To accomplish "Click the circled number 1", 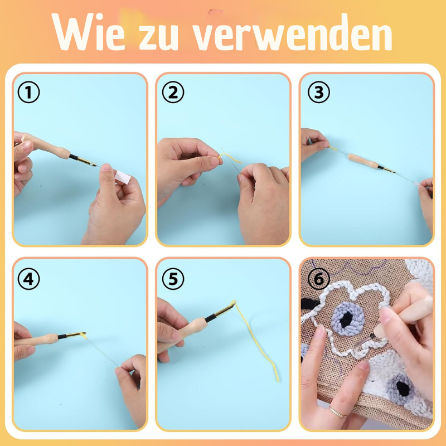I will (x=29, y=93).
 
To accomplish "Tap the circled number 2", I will (x=173, y=93).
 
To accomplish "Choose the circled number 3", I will (x=318, y=93).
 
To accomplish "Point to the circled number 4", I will (x=29, y=279).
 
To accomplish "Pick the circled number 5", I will (x=173, y=279).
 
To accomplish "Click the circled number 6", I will (x=318, y=279).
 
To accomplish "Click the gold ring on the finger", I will (x=336, y=412).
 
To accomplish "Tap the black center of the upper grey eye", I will (x=348, y=319).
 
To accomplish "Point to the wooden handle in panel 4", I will (x=39, y=339).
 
